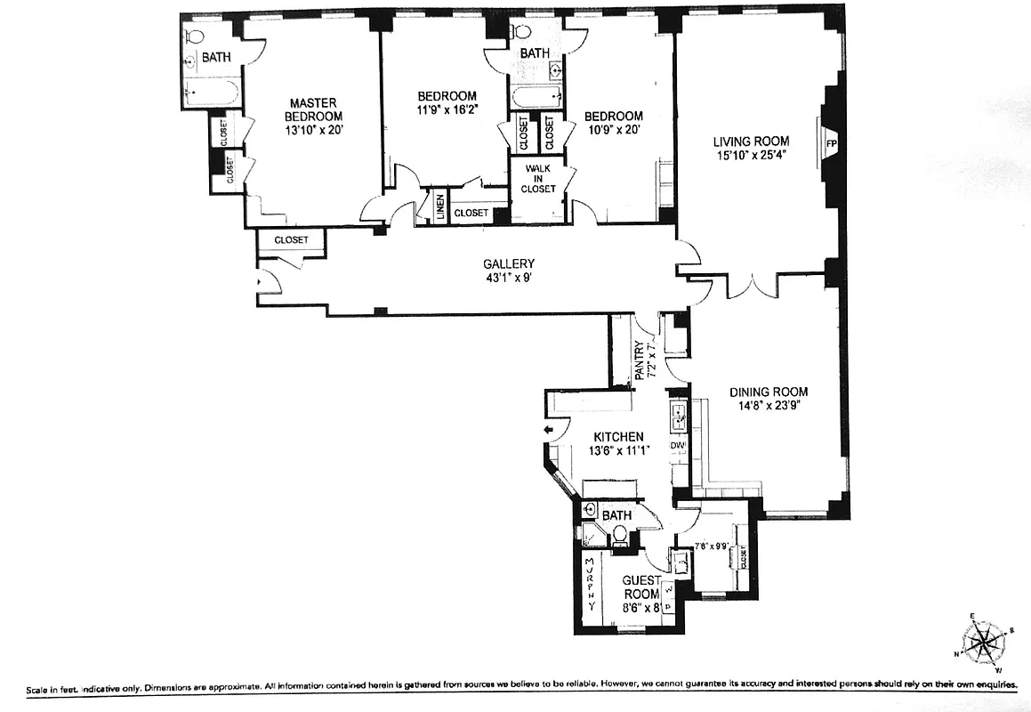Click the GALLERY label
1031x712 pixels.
point(509,263)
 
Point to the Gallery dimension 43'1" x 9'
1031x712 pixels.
point(509,278)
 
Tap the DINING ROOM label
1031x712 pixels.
point(769,392)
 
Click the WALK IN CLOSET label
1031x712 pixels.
point(540,178)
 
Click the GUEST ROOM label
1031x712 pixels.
point(640,587)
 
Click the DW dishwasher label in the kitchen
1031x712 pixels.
point(678,445)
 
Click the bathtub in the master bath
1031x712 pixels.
point(212,90)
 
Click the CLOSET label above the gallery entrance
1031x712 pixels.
point(291,240)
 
